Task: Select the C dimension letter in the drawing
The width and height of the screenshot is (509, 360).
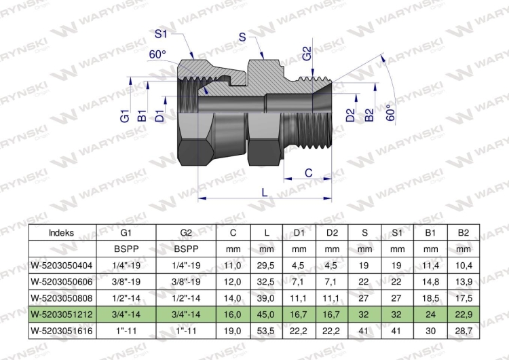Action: (308, 173)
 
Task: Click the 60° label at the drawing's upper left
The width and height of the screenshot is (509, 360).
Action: (158, 54)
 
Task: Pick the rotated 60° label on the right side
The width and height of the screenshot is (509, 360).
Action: (390, 112)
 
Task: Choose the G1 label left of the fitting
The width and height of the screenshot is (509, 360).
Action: (125, 115)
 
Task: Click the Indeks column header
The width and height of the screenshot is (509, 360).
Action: (62, 232)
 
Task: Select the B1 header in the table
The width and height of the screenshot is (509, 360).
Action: (430, 232)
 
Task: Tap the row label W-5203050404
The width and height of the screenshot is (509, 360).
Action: (62, 265)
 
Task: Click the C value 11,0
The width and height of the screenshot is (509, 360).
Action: (233, 265)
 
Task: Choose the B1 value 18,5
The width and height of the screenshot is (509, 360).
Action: (430, 298)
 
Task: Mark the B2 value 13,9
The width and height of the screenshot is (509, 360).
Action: (463, 281)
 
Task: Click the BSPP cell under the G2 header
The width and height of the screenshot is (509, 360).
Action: (186, 249)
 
